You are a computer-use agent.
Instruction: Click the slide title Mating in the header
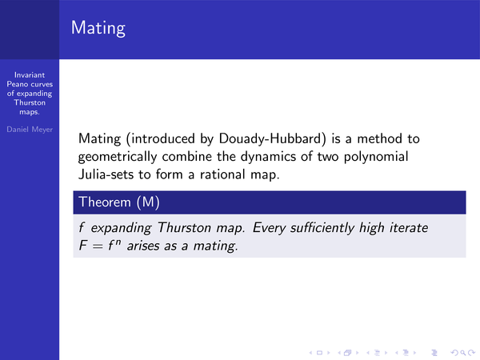point(98,28)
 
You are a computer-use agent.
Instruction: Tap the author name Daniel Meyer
point(30,130)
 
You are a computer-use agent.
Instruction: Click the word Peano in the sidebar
point(17,84)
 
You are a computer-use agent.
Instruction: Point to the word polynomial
point(376,157)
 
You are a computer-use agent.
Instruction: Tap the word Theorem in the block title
point(105,202)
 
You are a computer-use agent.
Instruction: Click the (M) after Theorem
point(148,202)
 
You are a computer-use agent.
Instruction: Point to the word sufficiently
point(322,228)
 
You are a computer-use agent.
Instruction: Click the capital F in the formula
point(83,246)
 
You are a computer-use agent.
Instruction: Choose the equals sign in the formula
point(98,246)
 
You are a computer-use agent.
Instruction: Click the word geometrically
point(118,157)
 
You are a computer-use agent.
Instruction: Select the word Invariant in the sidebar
point(30,75)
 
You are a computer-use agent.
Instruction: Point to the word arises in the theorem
point(143,246)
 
